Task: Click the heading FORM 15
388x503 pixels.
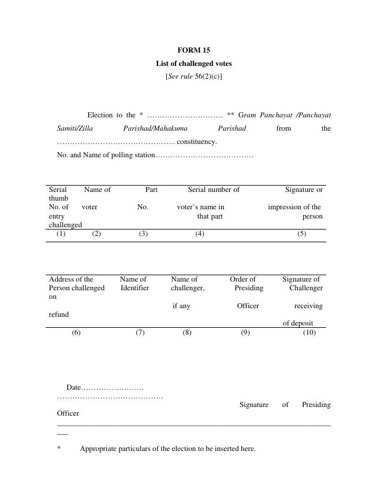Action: [x=194, y=50]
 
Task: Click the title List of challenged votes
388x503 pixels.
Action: [x=194, y=63]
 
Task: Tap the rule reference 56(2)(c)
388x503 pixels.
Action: [x=208, y=76]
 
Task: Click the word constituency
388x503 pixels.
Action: [x=197, y=142]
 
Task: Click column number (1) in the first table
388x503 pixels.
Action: [x=61, y=234]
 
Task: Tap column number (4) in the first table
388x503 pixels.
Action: [x=199, y=234]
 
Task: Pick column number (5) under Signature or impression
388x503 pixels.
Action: [x=301, y=234]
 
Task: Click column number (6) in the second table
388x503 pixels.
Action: [x=76, y=332]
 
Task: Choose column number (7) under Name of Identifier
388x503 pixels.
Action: [x=140, y=332]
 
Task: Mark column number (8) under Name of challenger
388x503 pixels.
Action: [x=187, y=332]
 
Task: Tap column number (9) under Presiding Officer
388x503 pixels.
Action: [x=245, y=332]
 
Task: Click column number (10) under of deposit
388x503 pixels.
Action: [x=309, y=332]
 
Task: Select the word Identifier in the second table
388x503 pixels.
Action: [x=135, y=288]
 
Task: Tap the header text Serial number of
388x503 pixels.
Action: [x=214, y=190]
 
